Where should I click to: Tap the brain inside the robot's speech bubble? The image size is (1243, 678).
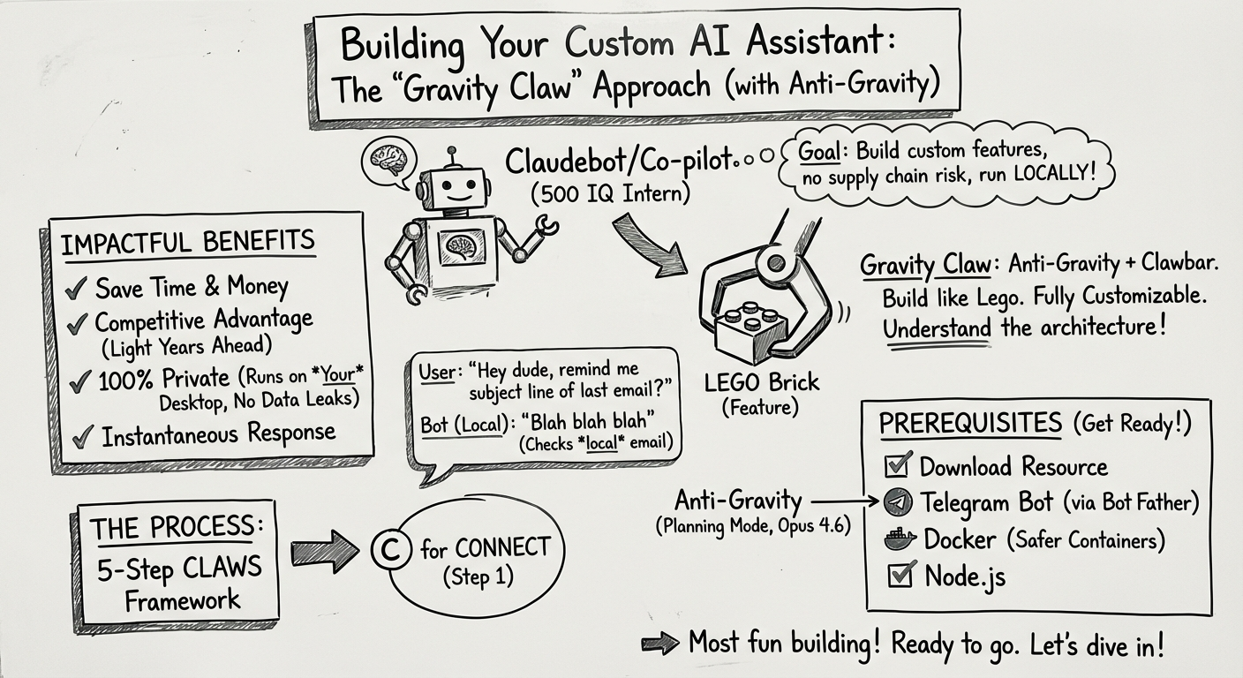click(388, 161)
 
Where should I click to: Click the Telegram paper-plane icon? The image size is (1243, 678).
click(895, 502)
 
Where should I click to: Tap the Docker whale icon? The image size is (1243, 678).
click(896, 539)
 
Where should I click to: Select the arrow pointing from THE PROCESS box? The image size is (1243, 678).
click(323, 552)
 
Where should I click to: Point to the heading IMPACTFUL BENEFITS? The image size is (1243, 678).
click(187, 243)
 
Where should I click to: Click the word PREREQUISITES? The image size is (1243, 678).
click(969, 424)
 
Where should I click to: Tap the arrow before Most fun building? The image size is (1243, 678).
click(659, 644)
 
